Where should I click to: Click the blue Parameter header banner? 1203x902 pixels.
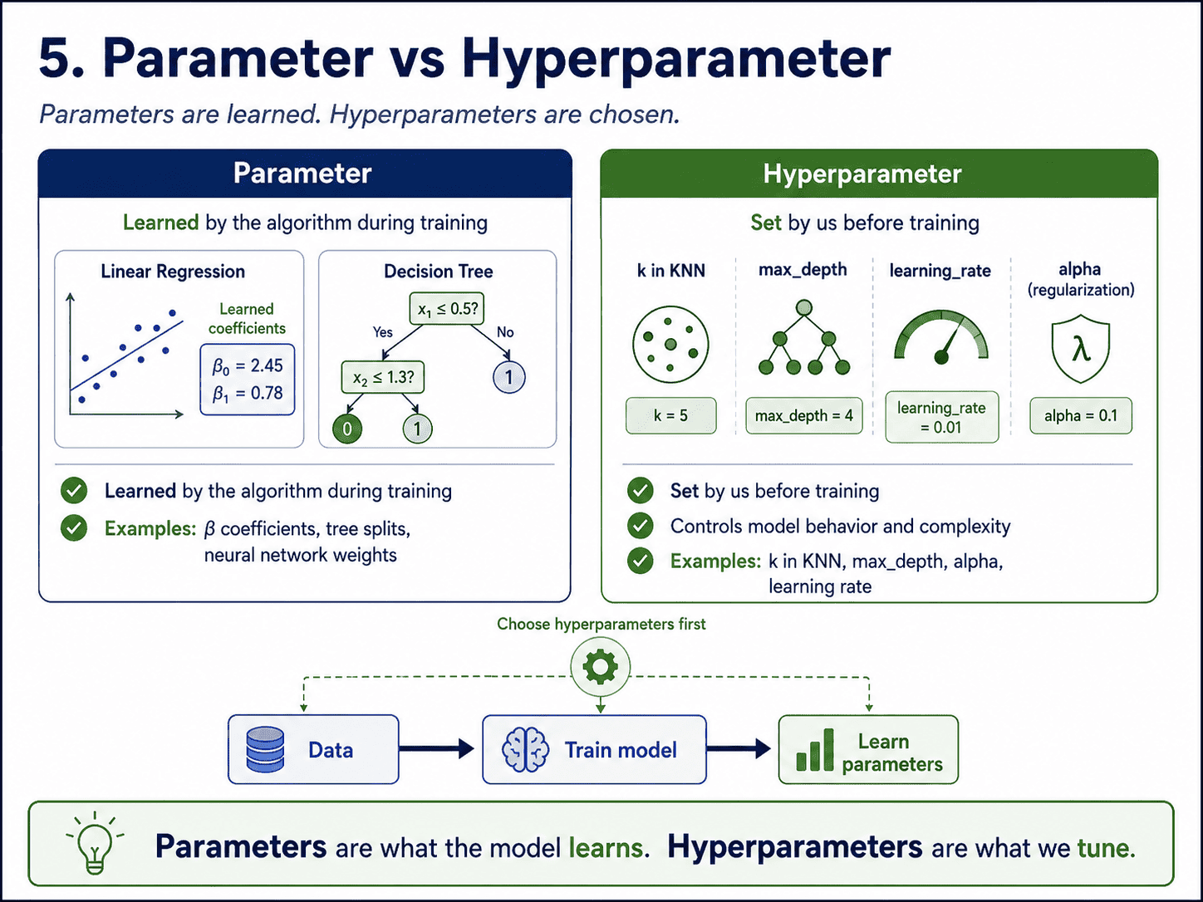point(305,173)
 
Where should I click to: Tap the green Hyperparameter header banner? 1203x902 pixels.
point(879,173)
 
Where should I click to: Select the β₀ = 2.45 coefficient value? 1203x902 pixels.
point(248,365)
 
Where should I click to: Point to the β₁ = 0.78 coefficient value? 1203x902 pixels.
point(248,393)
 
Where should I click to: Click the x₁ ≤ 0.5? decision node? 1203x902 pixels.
point(447,309)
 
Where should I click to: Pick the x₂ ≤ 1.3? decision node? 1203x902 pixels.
point(382,377)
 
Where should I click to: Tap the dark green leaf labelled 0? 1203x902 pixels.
point(347,429)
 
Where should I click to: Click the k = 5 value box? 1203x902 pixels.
point(670,415)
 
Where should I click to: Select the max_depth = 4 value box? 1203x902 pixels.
point(803,415)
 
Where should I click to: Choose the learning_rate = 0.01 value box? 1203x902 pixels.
point(941,417)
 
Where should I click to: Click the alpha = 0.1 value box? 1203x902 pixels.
point(1081,415)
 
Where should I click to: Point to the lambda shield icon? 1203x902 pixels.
point(1081,348)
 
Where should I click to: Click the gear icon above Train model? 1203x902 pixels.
point(600,666)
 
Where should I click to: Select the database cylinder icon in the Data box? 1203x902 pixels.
point(265,749)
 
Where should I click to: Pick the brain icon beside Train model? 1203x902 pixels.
point(525,749)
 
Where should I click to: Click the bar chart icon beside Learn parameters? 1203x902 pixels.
point(815,750)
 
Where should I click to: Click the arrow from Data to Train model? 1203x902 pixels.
point(436,748)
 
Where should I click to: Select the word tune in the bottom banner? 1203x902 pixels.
point(1106,848)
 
